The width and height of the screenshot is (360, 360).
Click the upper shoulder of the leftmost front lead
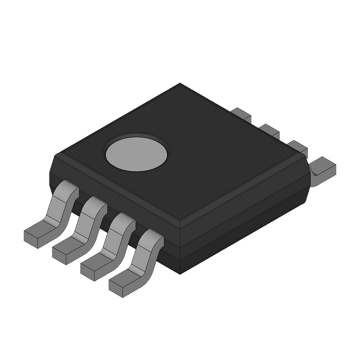pos(68,188)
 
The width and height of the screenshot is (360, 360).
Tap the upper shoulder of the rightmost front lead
pos(151,236)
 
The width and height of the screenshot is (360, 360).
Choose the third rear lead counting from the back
pos(297,147)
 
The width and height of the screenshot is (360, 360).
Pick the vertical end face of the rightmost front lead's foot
pos(116,288)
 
